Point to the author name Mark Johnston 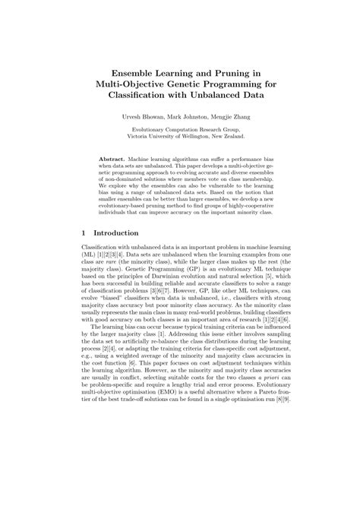(182, 119)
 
